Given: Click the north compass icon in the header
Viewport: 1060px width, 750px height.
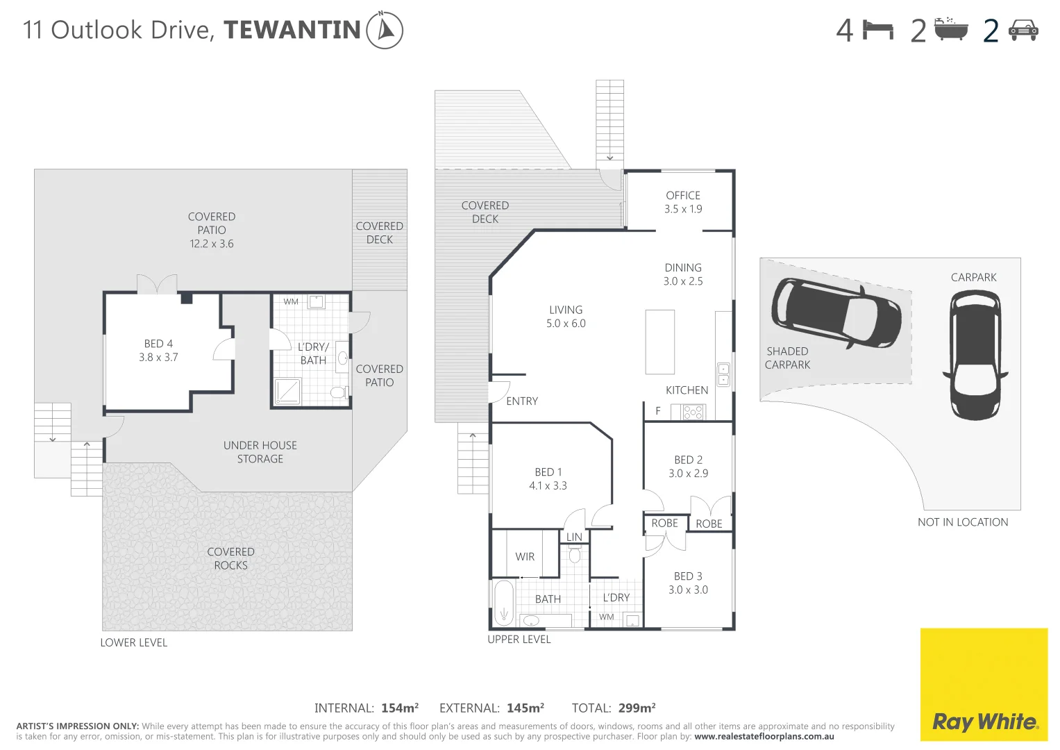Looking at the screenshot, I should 384,30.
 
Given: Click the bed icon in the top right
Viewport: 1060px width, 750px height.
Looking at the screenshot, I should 877,30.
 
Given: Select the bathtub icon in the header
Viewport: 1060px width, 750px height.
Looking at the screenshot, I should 950,30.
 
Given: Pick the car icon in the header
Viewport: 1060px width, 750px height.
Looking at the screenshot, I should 1023,30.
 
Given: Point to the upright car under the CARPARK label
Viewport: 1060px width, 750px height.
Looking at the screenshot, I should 975,355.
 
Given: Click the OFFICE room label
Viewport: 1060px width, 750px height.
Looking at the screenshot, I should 683,196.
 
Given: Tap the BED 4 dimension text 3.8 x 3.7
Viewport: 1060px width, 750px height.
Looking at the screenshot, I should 158,358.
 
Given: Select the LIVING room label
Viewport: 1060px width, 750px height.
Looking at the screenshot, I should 566,310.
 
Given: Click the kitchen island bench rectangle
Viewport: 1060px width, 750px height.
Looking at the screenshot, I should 659,342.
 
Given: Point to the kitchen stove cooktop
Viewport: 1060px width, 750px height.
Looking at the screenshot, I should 693,412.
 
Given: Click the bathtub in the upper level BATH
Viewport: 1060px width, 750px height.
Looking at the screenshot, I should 503,603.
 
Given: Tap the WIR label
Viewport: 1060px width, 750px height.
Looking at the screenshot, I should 525,557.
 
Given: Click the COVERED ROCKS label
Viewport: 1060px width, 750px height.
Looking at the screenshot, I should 230,558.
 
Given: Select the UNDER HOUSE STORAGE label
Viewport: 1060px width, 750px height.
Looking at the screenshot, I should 260,452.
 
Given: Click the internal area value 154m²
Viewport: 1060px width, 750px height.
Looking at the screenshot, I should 399,708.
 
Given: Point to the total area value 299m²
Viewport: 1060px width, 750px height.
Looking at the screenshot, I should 637,708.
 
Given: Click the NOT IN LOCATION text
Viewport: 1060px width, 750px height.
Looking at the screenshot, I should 962,522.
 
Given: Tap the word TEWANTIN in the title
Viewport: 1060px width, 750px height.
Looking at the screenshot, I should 292,30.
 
